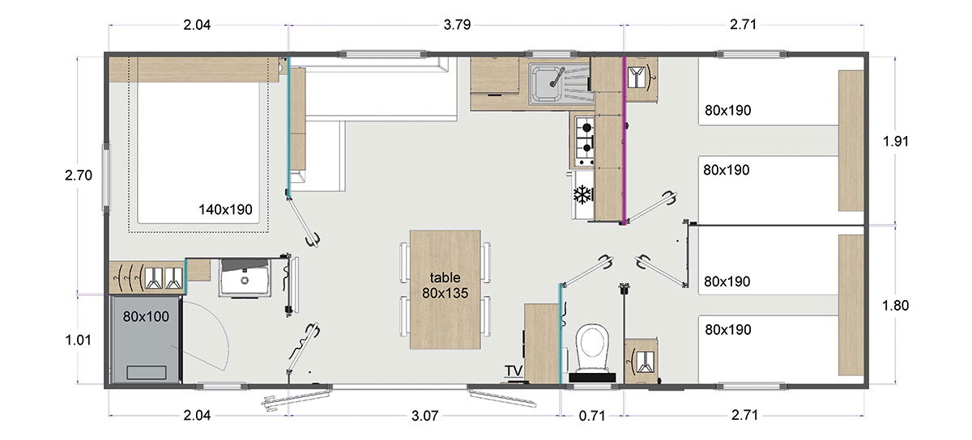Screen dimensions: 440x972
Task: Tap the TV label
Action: (514, 371)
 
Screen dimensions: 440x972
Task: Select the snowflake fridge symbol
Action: (581, 194)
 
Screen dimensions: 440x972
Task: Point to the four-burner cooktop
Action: (584, 138)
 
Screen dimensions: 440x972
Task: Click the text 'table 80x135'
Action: (445, 285)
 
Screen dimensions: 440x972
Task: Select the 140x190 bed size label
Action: (225, 209)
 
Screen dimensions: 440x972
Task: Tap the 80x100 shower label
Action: (146, 316)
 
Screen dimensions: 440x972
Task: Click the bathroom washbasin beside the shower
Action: (244, 278)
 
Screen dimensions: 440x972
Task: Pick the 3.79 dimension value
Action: (454, 24)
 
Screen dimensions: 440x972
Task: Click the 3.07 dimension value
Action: (424, 417)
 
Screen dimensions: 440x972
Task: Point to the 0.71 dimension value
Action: (592, 417)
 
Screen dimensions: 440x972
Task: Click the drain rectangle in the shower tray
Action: (146, 373)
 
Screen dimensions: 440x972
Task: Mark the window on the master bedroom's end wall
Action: (104, 177)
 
